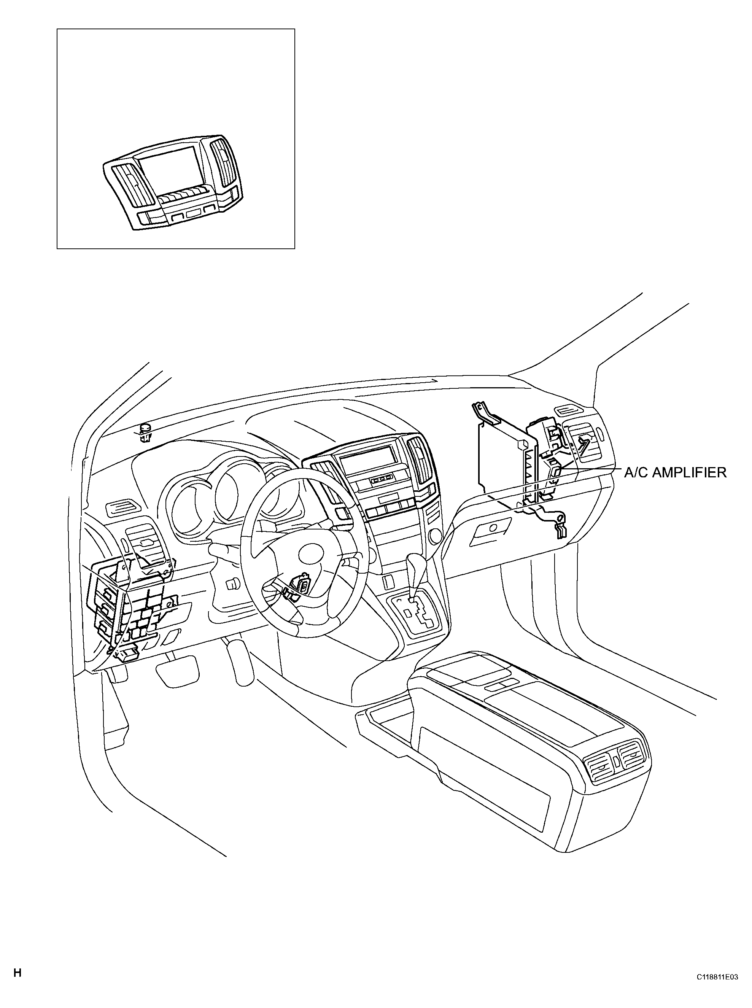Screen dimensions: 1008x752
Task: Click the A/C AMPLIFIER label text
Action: click(x=675, y=472)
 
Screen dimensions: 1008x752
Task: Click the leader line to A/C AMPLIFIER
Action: click(x=592, y=467)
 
